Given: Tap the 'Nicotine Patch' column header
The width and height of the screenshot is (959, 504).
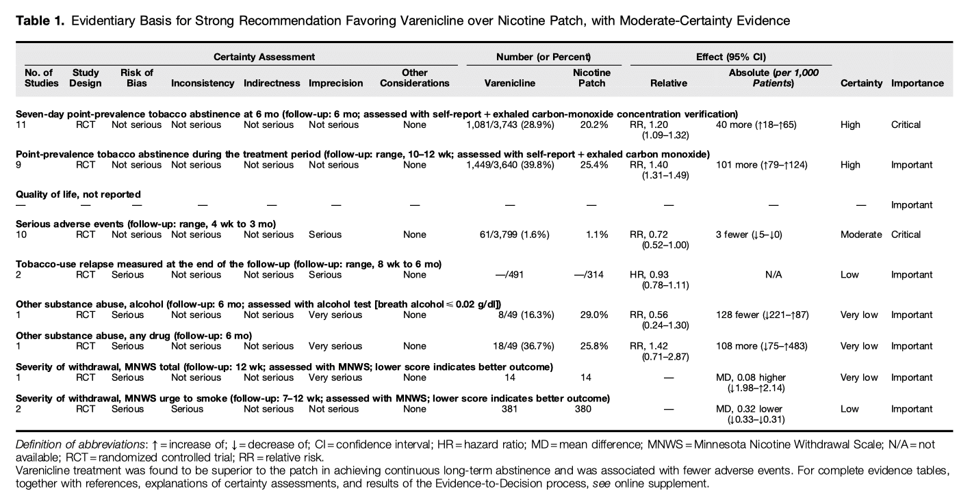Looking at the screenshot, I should coord(591,78).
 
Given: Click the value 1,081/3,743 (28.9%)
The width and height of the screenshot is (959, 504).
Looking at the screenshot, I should coord(509,125).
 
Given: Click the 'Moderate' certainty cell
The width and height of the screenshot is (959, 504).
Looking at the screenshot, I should coord(861,235).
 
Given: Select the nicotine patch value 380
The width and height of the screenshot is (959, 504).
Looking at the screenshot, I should coord(591,409).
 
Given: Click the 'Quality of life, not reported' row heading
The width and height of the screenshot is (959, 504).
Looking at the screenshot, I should coord(78,194).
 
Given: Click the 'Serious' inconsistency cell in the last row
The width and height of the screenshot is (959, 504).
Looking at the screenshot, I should coord(187,409).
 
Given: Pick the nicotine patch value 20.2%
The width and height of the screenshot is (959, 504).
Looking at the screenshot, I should coord(593,125).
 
